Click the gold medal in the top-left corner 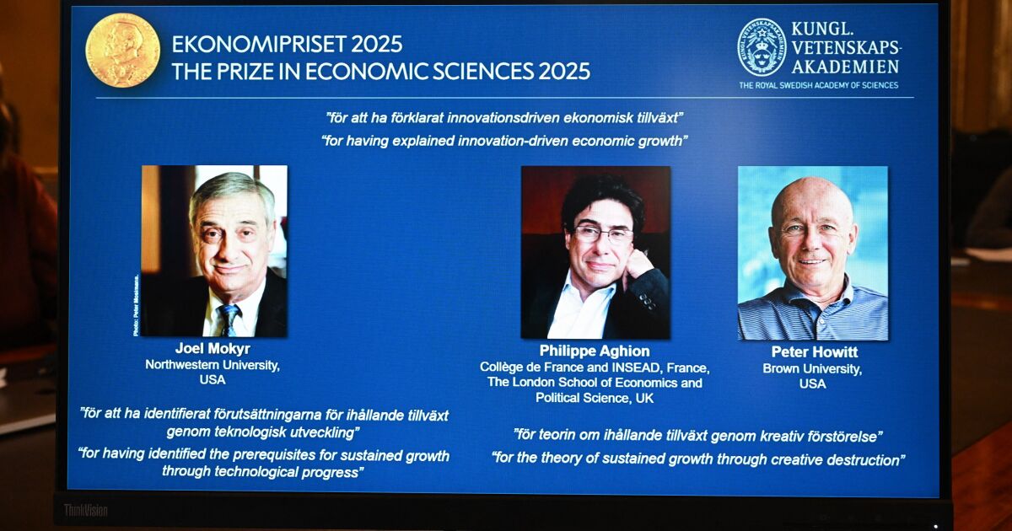(122, 51)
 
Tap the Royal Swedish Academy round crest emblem (762, 47)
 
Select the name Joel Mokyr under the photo (213, 348)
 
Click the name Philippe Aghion (595, 351)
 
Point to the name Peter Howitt (814, 351)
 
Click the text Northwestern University (213, 365)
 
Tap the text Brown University (812, 368)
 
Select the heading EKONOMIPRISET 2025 (287, 44)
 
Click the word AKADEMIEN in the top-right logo (845, 66)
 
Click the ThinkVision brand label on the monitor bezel (86, 510)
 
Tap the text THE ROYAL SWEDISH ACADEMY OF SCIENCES (818, 85)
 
